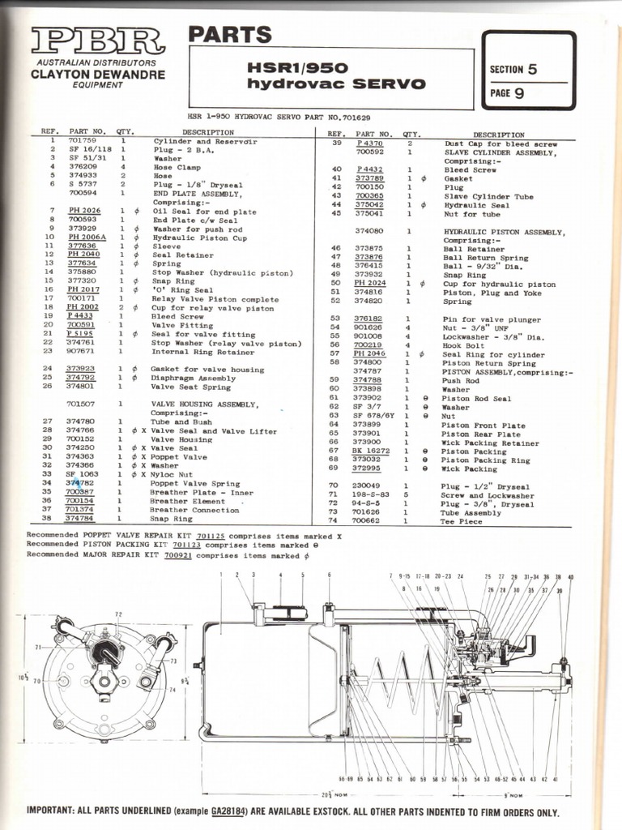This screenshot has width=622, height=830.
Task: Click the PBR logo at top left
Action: pos(97,41)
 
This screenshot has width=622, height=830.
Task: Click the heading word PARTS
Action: pos(229,35)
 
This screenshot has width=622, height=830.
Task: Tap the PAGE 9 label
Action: pos(507,92)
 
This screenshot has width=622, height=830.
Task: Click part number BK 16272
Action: pos(370,451)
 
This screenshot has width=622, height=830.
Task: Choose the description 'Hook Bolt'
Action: pos(462,344)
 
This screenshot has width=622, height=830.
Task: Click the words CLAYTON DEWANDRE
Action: pos(97,75)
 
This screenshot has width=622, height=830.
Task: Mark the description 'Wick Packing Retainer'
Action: pos(492,443)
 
